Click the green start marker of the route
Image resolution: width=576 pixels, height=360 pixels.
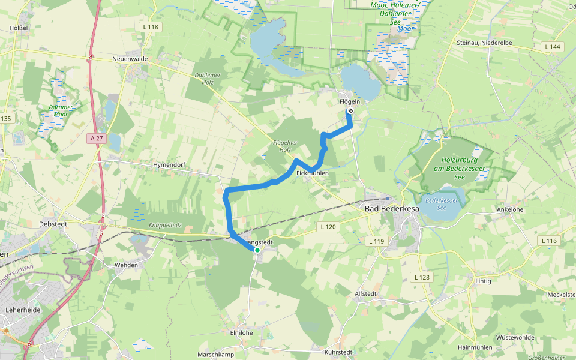coord(257,250)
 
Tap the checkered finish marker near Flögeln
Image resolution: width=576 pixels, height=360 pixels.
coord(350,111)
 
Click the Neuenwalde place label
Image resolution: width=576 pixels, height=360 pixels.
coord(130,59)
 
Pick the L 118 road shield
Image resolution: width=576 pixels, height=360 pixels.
coord(151,27)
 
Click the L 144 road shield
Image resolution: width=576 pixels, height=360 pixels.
coord(553,46)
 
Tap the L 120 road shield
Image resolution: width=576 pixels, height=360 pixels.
coord(327,227)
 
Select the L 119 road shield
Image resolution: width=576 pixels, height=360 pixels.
coord(376,241)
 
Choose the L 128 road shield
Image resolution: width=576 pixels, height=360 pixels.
coord(422,277)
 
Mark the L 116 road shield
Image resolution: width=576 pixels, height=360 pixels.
coord(549,241)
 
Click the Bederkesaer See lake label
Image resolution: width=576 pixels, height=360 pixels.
coord(442,204)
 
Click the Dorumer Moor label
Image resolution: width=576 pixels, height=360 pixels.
coord(61,111)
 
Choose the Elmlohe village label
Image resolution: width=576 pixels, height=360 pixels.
coord(241,332)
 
